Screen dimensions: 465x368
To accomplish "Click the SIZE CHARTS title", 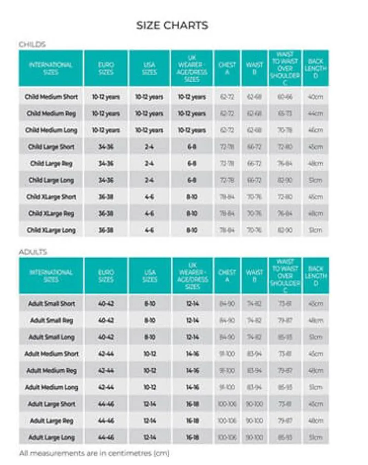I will [x=172, y=25].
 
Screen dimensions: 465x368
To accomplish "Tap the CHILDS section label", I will [x=32, y=45].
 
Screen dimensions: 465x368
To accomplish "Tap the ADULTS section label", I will [x=33, y=252].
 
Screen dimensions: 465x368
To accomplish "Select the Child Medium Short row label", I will [x=51, y=97].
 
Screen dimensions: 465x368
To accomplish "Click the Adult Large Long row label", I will [x=51, y=437].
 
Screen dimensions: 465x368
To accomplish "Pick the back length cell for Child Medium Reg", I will [x=316, y=113].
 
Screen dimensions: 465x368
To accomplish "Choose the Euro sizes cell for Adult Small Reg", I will [x=106, y=320].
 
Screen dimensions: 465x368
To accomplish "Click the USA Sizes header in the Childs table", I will [x=149, y=68].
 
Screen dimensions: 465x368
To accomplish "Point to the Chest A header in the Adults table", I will [x=227, y=276].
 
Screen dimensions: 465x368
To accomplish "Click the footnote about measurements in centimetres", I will [x=94, y=453].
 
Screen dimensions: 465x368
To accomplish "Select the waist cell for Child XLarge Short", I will [x=254, y=197].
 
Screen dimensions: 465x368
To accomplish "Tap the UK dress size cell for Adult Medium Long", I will [x=192, y=387].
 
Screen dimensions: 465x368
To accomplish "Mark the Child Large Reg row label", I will [x=51, y=164].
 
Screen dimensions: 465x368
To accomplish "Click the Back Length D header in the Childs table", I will [x=316, y=68].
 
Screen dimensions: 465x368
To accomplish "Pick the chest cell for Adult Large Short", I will [x=227, y=404].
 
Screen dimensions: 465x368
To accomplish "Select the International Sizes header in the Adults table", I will [x=51, y=276].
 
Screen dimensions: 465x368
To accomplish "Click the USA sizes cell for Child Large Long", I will [x=149, y=180].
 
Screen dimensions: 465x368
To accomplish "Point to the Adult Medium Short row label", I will [x=51, y=354].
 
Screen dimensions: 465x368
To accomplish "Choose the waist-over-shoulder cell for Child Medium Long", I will [x=285, y=130].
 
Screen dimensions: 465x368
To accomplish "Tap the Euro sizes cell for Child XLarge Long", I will [x=106, y=230].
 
